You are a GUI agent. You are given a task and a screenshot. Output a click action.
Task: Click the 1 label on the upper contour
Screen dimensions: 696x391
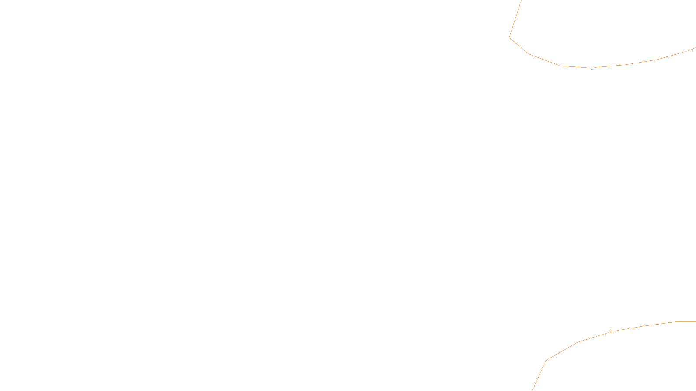592,68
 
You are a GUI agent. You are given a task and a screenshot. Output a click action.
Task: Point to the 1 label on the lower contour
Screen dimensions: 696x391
611,331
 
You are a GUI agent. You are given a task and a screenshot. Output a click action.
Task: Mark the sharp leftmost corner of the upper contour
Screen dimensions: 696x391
509,38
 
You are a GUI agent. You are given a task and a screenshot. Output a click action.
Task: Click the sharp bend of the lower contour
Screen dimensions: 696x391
547,360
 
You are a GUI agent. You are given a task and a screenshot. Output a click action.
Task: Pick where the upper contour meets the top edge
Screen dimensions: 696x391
521,0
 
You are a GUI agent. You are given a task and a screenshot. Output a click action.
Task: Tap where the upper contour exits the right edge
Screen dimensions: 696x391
695,48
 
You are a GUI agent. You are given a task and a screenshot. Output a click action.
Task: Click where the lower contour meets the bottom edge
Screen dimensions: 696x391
532,390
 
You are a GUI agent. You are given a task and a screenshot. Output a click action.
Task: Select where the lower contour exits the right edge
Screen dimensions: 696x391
695,321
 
